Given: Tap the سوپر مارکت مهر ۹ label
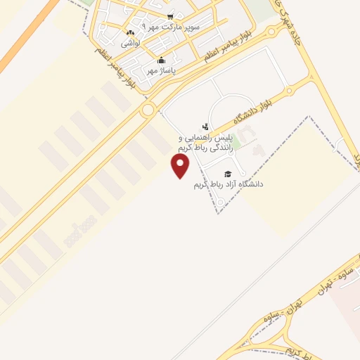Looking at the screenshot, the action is click(172, 26).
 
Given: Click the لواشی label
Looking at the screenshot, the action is click(131, 43).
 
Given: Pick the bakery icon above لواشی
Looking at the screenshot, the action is click(130, 33).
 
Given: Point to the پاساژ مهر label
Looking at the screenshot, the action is click(161, 70).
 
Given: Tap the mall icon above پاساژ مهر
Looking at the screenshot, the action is click(161, 60).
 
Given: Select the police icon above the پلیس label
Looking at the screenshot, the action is click(205, 127).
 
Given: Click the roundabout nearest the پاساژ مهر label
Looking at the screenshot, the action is click(148, 110).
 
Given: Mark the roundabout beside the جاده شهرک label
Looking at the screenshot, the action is click(271, 32).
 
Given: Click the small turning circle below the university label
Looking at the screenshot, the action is click(221, 203).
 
